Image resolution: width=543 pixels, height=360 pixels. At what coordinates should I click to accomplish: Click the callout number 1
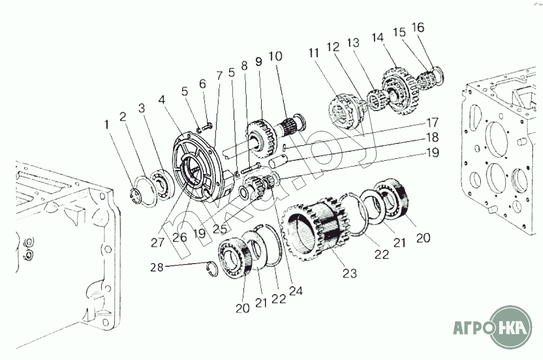[107, 125]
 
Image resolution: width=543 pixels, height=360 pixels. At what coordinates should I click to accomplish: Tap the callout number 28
[156, 267]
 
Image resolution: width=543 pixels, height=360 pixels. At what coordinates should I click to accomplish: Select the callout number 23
[349, 274]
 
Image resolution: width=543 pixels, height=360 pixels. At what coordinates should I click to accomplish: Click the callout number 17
[432, 123]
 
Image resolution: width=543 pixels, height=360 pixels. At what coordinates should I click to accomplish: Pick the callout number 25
[220, 229]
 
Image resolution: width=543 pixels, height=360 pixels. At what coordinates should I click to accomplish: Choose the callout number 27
[157, 242]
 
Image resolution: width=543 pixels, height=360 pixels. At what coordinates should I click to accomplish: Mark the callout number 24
[296, 291]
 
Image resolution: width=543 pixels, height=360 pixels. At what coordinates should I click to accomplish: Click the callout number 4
[162, 100]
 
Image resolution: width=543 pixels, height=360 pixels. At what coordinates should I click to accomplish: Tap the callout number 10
[275, 56]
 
